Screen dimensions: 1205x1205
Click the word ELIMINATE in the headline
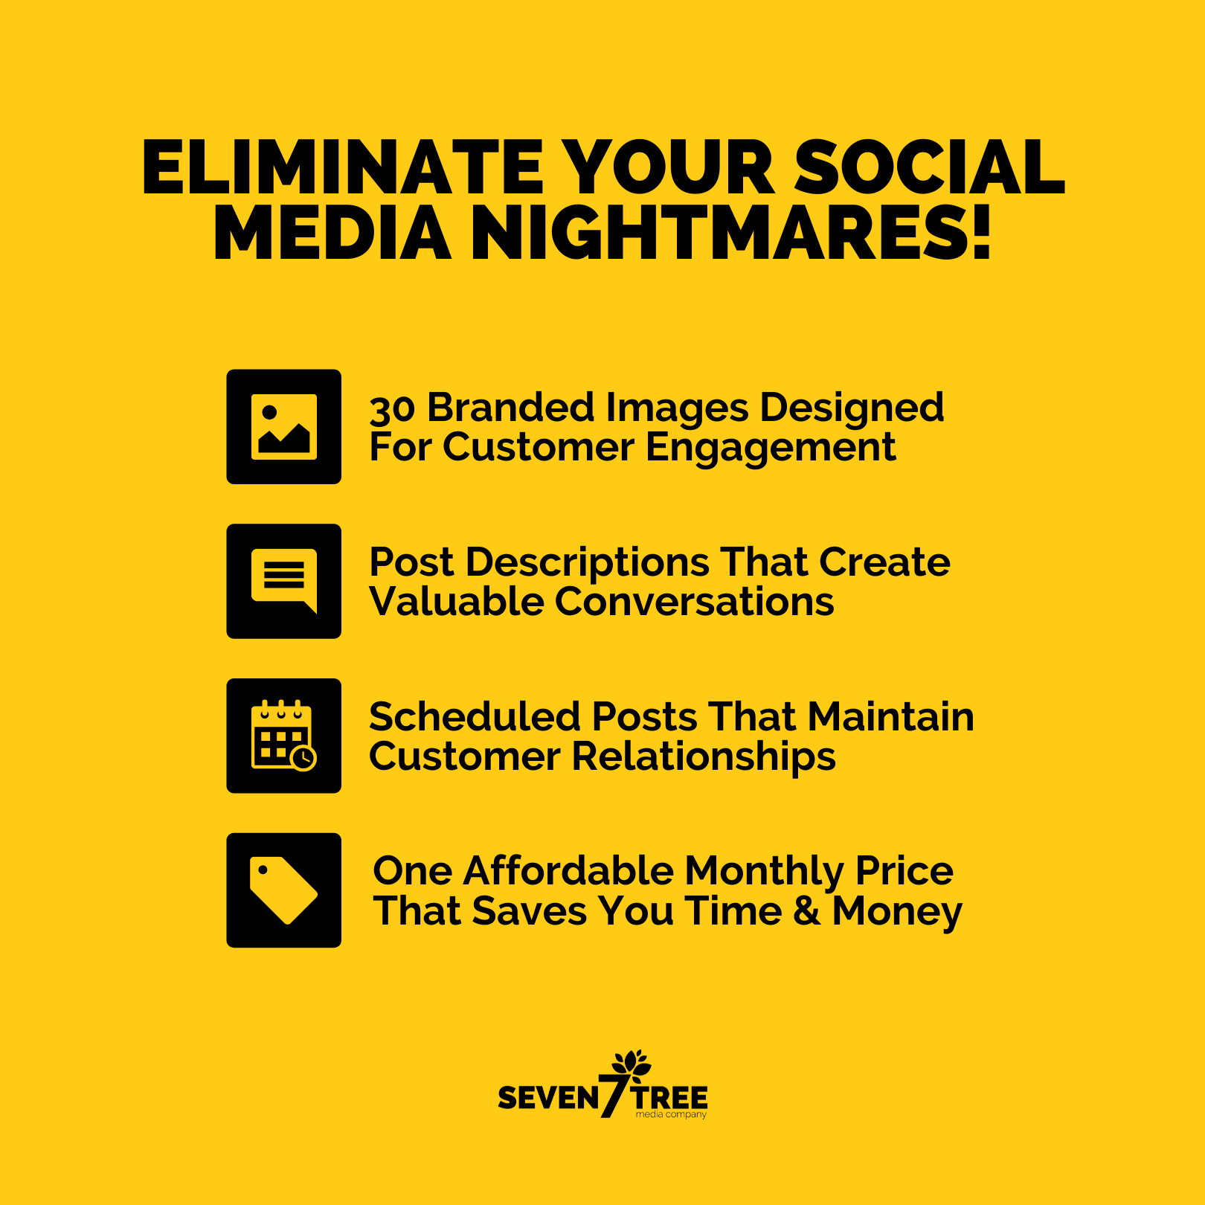[x=343, y=167]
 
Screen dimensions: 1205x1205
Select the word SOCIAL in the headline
[x=930, y=167]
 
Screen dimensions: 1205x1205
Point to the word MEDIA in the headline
[x=332, y=233]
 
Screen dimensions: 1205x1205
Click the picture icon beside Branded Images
[x=284, y=427]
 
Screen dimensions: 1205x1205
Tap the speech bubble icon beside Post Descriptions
[x=284, y=582]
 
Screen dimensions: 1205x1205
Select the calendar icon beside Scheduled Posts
[x=284, y=736]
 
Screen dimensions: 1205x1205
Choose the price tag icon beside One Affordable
[x=284, y=890]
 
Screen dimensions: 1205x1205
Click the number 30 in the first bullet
[x=392, y=409]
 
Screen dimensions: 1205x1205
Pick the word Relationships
[x=704, y=757]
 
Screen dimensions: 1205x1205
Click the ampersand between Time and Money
[x=807, y=911]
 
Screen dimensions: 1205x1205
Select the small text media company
[x=671, y=1114]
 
